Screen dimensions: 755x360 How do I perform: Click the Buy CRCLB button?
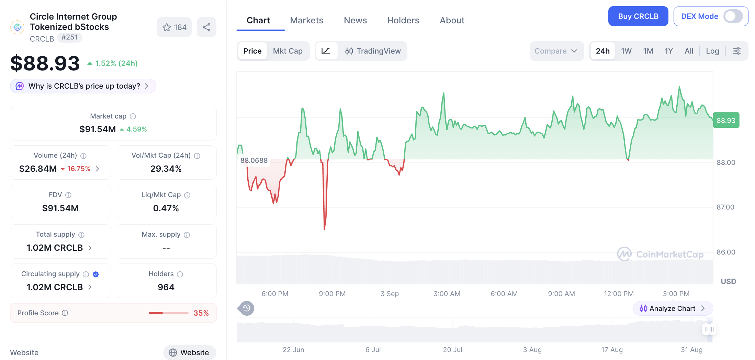638,16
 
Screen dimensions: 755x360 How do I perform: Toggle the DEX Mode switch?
733,16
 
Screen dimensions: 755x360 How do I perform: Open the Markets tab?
306,20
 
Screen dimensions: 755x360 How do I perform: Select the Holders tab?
403,20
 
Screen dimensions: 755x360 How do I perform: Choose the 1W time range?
626,51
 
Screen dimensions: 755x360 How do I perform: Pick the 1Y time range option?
668,51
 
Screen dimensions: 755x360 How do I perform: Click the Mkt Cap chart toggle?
288,51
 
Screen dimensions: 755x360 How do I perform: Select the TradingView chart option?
373,51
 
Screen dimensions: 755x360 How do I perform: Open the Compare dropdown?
556,51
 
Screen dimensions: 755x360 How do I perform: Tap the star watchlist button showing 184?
174,27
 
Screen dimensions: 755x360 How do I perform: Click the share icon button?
206,27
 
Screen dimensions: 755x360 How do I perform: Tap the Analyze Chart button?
673,308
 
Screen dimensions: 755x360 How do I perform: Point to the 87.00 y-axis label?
725,207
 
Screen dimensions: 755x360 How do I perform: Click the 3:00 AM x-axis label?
447,294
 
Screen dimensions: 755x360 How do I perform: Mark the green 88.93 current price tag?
726,120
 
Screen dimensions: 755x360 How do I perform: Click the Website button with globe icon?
190,352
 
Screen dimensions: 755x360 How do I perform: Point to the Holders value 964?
166,287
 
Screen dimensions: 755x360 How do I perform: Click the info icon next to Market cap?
133,116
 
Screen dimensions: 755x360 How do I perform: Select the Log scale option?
712,51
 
